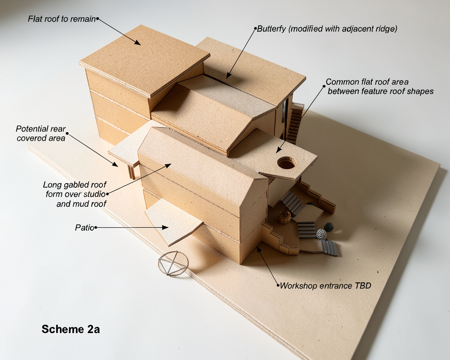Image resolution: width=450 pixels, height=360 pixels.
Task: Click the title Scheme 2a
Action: (x=71, y=329)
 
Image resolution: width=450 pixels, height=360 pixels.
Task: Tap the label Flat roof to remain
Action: (x=62, y=19)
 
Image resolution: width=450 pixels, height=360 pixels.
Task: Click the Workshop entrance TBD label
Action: (x=325, y=286)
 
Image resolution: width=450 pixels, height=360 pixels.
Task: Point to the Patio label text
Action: (x=85, y=228)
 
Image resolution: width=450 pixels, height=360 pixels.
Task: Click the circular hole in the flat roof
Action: (x=286, y=163)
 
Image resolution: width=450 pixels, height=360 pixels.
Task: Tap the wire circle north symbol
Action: (x=173, y=264)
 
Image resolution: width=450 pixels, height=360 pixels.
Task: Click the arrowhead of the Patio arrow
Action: (x=165, y=227)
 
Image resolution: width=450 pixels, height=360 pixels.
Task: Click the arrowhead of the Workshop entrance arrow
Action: (x=259, y=249)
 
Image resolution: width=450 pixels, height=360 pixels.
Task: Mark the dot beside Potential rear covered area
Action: (x=67, y=133)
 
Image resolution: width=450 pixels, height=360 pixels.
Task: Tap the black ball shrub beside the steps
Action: (x=329, y=227)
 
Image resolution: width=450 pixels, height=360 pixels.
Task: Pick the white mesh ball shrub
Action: (x=322, y=234)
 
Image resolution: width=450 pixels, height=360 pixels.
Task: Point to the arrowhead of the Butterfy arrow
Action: (x=229, y=75)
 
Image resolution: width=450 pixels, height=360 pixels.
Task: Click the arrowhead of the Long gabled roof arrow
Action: (x=168, y=166)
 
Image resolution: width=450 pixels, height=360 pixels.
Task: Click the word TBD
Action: (x=363, y=286)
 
